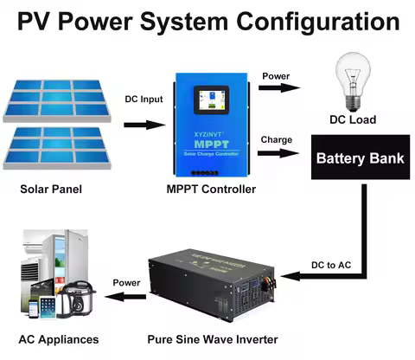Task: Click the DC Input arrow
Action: click(144, 125)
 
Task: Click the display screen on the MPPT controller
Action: click(210, 103)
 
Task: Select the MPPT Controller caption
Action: click(210, 189)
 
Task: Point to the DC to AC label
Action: click(332, 263)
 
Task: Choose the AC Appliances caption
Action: click(58, 339)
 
